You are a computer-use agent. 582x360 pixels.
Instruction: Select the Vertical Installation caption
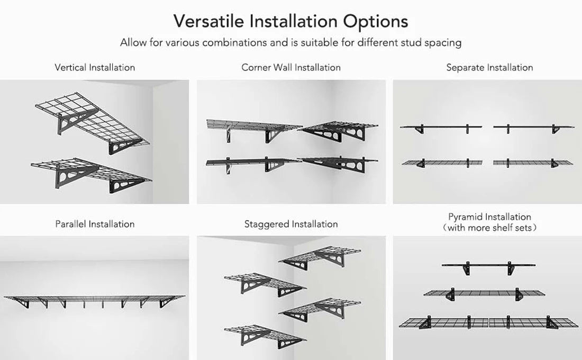[95, 67]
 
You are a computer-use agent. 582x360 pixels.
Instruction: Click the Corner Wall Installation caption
[291, 67]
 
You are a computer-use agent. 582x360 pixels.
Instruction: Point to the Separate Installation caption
[489, 67]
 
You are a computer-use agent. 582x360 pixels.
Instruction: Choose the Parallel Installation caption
[95, 224]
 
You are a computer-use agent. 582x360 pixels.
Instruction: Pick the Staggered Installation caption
[291, 224]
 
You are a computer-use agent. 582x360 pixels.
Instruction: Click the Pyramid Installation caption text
[489, 217]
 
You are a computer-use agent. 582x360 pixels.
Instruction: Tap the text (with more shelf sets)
[489, 228]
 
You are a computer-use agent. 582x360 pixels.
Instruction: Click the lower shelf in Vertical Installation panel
[90, 172]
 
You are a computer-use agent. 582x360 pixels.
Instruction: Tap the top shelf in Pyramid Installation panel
[488, 265]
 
